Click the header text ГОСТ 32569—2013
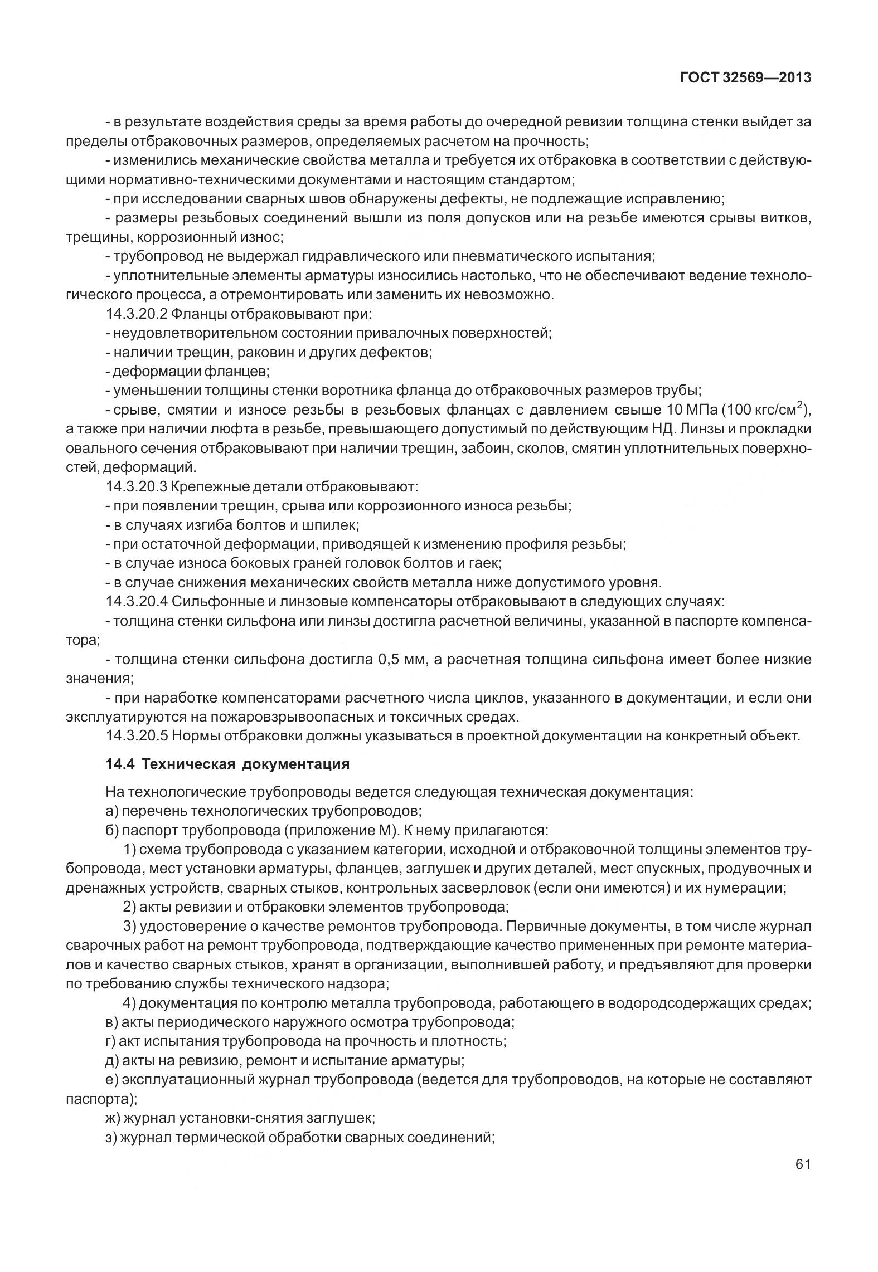745,78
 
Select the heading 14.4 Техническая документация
227,764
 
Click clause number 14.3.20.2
136,314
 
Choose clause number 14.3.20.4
136,602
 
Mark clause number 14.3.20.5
136,736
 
